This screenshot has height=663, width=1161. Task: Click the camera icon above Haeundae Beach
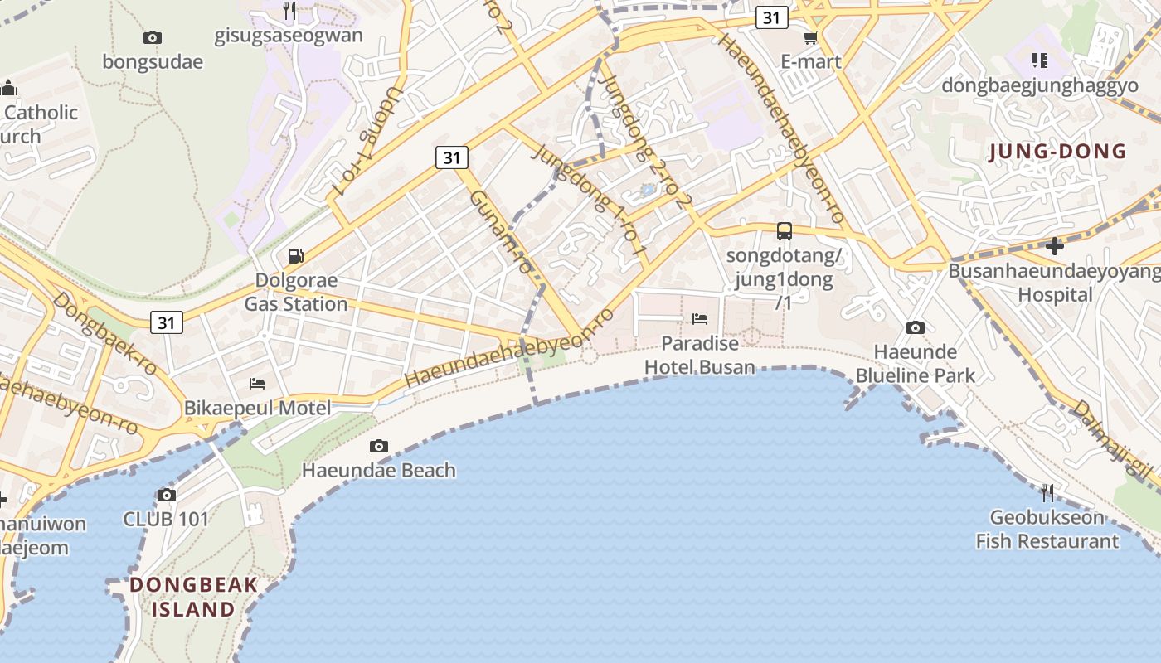click(x=379, y=447)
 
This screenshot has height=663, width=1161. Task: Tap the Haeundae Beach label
click(x=379, y=471)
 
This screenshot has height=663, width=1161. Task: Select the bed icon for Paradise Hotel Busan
click(x=700, y=319)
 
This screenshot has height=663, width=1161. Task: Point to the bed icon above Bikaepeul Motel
click(x=258, y=384)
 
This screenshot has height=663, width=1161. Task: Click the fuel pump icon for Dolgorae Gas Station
click(x=295, y=256)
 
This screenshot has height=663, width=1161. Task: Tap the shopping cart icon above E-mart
click(x=810, y=37)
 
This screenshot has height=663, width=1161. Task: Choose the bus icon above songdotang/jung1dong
click(x=784, y=231)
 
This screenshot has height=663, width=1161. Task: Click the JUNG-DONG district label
click(x=1058, y=152)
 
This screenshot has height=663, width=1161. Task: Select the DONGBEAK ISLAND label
click(x=194, y=597)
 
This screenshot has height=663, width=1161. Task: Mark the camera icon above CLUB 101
click(x=166, y=496)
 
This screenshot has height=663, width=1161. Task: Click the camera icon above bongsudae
click(x=153, y=37)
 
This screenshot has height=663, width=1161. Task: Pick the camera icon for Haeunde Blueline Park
click(x=916, y=328)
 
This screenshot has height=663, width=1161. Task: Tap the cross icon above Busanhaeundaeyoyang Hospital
click(x=1054, y=245)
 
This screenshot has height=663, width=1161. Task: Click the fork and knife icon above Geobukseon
click(x=1047, y=493)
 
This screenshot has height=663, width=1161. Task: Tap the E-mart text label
click(x=811, y=61)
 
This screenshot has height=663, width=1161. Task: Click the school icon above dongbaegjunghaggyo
click(x=1040, y=60)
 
